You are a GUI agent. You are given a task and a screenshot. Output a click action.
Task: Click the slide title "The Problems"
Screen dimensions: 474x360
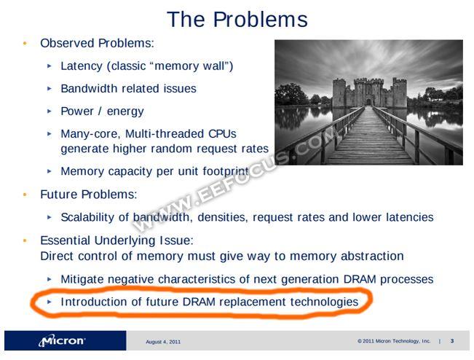(237, 20)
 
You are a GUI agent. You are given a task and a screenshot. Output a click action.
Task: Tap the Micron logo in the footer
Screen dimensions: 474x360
(62, 340)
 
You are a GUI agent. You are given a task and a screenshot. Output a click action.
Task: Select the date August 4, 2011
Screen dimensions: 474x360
(163, 342)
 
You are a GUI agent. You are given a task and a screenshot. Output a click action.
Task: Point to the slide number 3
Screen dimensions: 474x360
(452, 341)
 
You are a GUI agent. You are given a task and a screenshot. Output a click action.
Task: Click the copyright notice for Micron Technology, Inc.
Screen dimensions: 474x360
(394, 341)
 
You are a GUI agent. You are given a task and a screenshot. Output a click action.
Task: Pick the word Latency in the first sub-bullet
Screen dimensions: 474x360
(82, 66)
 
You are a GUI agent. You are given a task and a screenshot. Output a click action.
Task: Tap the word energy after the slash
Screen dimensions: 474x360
(125, 111)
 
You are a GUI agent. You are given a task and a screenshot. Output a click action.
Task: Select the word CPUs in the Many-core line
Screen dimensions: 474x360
(222, 133)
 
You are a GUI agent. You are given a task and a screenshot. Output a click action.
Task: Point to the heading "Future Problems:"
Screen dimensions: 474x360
(89, 195)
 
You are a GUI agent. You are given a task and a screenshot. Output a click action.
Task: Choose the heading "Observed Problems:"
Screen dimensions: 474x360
(97, 43)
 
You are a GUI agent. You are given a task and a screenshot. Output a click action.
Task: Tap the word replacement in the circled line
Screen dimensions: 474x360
(252, 302)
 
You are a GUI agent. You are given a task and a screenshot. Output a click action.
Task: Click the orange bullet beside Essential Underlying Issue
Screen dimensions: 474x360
(25, 240)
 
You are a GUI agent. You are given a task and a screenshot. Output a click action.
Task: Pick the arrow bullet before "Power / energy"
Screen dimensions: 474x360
(50, 111)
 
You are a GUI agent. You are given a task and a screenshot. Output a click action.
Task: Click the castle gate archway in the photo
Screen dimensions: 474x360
(368, 102)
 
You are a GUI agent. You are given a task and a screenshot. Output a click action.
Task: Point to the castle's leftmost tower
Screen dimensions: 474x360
(339, 93)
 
